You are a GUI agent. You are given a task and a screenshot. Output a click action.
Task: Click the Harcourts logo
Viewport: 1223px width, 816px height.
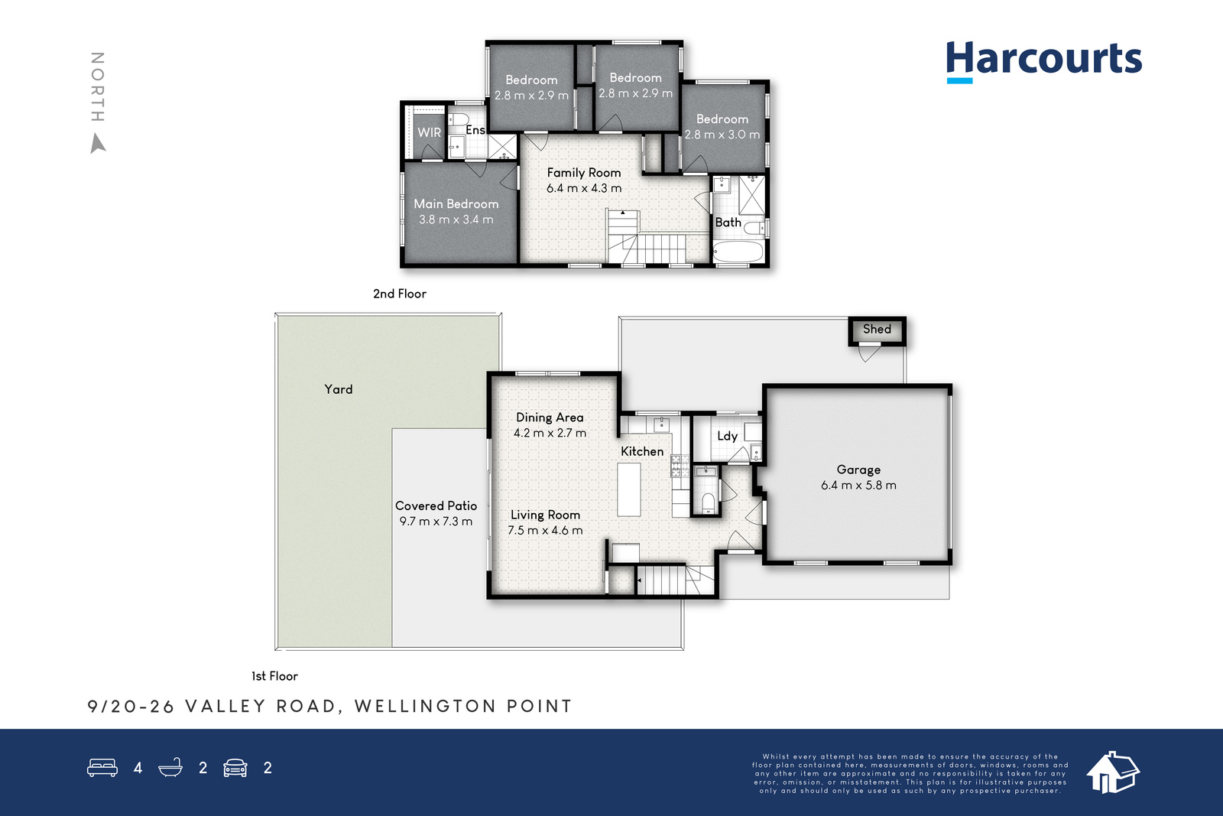[1043, 61]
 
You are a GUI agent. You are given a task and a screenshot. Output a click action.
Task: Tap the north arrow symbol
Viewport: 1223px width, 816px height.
[98, 145]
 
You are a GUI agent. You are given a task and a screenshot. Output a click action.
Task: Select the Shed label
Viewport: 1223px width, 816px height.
[877, 329]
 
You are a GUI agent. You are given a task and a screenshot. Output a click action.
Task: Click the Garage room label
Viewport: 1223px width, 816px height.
[858, 470]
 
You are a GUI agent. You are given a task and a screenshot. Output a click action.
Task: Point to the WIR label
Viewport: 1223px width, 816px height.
[429, 132]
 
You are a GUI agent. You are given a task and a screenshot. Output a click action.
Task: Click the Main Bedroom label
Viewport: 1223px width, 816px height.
[456, 203]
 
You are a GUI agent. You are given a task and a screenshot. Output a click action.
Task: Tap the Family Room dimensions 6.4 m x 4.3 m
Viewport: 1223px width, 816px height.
[584, 188]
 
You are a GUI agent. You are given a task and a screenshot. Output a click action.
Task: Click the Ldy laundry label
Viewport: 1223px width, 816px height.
[727, 436]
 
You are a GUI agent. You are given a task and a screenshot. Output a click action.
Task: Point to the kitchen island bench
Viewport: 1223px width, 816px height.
[629, 489]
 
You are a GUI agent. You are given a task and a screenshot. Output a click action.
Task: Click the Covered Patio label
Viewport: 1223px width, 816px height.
[436, 506]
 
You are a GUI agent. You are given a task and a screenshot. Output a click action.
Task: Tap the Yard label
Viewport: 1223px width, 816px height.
[339, 389]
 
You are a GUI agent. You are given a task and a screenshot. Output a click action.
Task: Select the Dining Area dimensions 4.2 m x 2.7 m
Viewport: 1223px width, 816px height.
[550, 433]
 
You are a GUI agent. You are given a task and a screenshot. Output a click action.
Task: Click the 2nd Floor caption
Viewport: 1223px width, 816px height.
[400, 294]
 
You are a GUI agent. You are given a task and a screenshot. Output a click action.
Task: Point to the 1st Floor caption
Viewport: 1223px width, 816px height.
[274, 676]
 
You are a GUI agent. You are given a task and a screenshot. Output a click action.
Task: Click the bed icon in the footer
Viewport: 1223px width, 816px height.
[102, 767]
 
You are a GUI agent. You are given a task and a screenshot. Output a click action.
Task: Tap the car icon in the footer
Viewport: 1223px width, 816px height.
[235, 768]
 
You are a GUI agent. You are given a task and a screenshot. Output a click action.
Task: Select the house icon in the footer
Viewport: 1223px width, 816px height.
[1113, 772]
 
